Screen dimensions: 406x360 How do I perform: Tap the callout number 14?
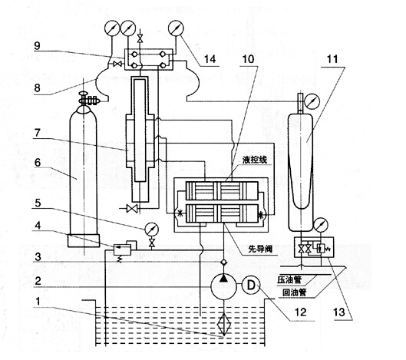(x=210, y=59)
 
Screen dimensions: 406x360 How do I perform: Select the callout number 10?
(x=248, y=59)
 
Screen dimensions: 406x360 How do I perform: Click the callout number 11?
(x=332, y=59)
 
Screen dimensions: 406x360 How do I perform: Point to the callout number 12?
(x=300, y=312)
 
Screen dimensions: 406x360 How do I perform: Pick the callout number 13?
(x=339, y=312)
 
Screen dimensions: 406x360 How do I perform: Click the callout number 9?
(x=38, y=45)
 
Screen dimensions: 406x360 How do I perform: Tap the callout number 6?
(x=38, y=163)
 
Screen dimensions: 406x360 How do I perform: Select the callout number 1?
(x=38, y=301)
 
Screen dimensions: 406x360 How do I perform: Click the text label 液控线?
(x=255, y=160)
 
